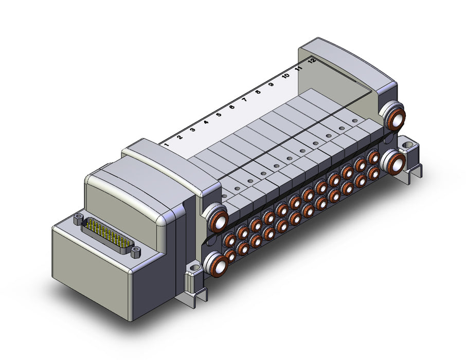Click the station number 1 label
coord(167,145)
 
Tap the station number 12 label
coord(312,61)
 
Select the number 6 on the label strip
coord(232,107)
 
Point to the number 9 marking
coord(271,84)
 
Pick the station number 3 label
coord(192,130)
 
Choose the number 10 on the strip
coord(286,76)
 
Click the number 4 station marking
coord(206,122)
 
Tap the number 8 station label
coord(258,92)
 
